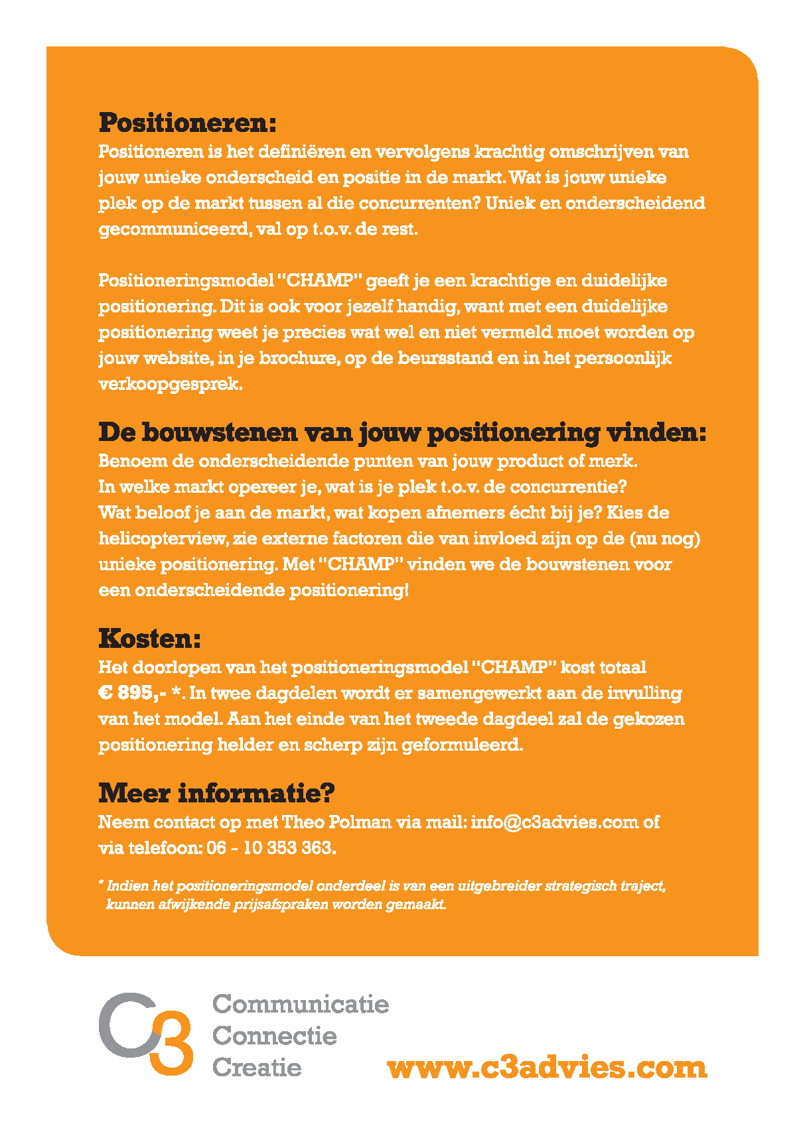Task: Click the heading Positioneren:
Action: click(187, 123)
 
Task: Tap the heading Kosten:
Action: click(149, 639)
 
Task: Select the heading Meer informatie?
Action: click(216, 793)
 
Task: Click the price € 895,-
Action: click(132, 694)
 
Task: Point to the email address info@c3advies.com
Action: click(554, 822)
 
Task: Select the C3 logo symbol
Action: click(146, 1033)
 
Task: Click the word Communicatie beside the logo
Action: click(300, 1004)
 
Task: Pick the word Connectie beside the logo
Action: click(274, 1035)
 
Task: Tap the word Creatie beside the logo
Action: click(257, 1067)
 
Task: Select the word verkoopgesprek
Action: click(170, 385)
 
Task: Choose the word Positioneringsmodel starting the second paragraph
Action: click(186, 281)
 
